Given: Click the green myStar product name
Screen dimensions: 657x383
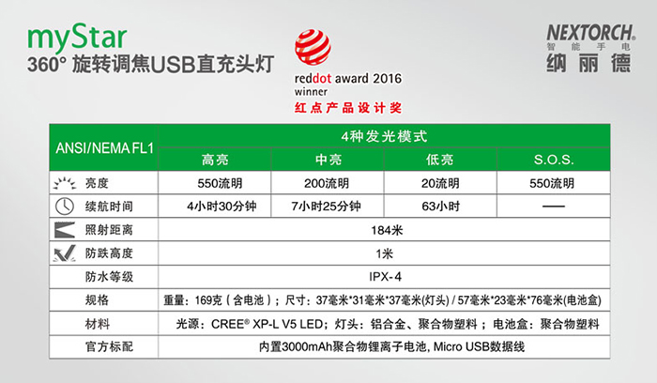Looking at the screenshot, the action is click(77, 38).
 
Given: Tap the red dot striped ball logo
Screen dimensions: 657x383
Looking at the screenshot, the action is click(313, 47).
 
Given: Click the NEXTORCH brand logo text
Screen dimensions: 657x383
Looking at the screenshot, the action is click(591, 33).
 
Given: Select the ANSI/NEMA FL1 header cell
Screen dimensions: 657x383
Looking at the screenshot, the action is click(105, 148).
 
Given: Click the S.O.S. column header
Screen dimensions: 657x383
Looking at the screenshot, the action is click(554, 160).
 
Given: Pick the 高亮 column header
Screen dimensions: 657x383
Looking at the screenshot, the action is click(215, 160).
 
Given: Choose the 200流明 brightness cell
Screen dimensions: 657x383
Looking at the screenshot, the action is click(327, 183).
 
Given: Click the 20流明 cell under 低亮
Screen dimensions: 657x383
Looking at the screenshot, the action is click(440, 183).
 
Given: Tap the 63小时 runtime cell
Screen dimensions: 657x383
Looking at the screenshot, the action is click(441, 207).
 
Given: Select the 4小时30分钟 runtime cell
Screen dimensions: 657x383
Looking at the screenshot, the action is click(222, 207).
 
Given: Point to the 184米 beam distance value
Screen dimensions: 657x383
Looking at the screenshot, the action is click(387, 230).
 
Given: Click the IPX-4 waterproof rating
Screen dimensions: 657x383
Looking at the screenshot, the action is click(385, 277).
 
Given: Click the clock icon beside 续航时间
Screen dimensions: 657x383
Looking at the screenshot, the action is click(65, 207).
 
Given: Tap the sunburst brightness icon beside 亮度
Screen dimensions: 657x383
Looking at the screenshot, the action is click(65, 183).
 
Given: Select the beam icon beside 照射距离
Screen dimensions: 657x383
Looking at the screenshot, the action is click(65, 230).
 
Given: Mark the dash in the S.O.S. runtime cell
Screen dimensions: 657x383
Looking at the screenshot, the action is click(554, 207).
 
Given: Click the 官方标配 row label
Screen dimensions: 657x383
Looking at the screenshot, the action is click(109, 346).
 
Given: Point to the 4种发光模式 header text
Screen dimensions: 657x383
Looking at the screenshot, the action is click(384, 136).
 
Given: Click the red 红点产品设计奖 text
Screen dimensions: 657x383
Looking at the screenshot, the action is click(348, 108).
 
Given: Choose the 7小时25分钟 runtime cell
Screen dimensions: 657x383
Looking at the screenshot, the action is click(326, 207).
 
